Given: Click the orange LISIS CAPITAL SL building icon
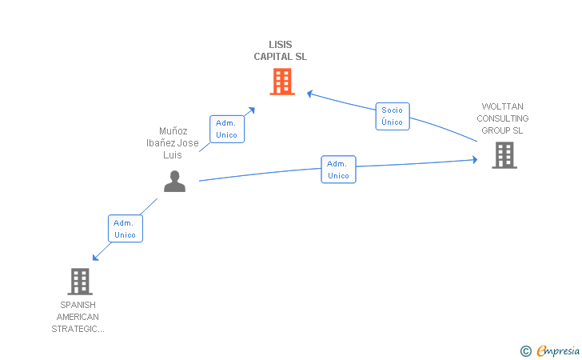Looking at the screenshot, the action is coord(282,82).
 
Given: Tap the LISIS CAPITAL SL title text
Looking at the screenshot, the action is coord(281,50).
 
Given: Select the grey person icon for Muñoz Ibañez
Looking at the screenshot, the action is coord(174,182).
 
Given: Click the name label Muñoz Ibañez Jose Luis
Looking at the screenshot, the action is coord(173,143).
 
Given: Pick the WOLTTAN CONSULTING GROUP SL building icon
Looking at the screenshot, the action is coord(504,155).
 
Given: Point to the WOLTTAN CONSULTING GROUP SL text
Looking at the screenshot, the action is coord(503,118).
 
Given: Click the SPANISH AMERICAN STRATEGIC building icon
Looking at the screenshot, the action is coord(80,282).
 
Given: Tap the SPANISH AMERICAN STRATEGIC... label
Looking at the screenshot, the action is coord(78,317).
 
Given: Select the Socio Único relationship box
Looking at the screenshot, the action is coord(393,116).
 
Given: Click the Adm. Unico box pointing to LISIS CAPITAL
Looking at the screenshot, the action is coord(227,129).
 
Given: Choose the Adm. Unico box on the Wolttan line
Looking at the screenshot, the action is coord(338,170).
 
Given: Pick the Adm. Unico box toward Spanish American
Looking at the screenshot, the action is coord(125,229).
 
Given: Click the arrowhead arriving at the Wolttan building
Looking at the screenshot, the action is coord(475,160).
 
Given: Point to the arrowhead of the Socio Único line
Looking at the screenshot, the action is coord(309,94).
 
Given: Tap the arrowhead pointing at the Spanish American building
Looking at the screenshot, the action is coord(95,257).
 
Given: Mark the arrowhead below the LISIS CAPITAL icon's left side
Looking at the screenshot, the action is coord(252,110).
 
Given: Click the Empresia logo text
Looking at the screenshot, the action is coord(558,350).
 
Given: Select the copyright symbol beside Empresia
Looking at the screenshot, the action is coord(525,351).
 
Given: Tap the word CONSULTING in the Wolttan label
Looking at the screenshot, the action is coord(503,118).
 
